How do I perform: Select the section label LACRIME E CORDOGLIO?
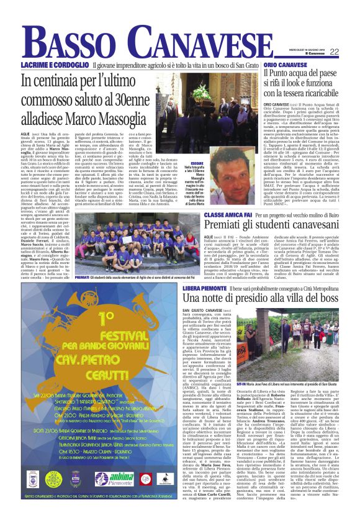pyautogui.click(x=47, y=65)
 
